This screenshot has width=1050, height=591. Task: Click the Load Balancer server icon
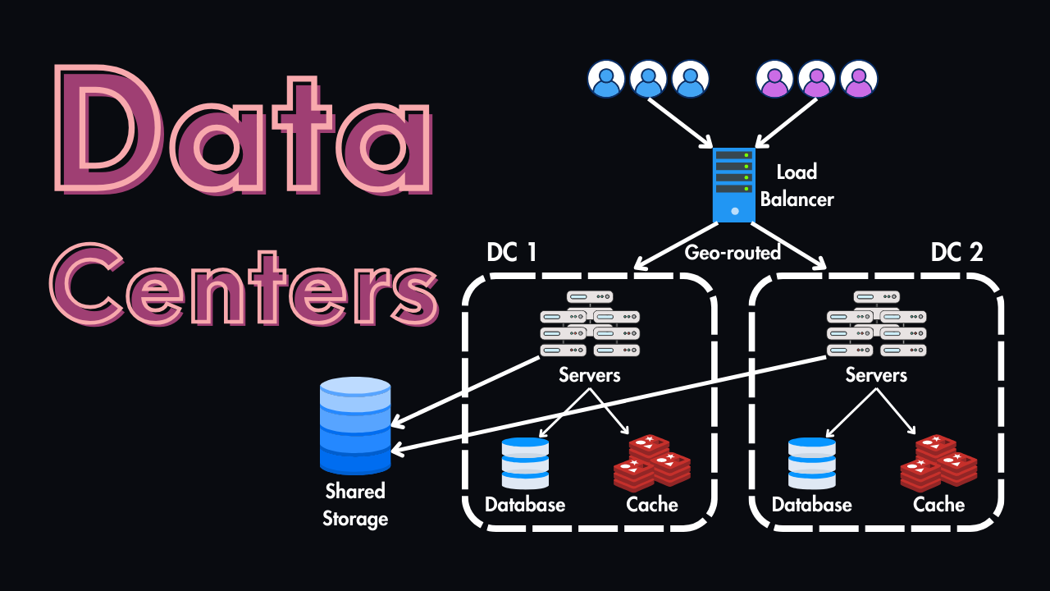click(x=733, y=185)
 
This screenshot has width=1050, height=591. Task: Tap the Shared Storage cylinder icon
click(x=355, y=425)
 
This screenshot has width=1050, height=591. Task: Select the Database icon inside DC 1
click(x=525, y=463)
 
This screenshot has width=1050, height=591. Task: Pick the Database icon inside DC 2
click(x=811, y=463)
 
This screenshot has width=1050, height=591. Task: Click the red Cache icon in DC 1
click(x=652, y=463)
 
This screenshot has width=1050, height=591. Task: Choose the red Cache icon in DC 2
click(x=938, y=463)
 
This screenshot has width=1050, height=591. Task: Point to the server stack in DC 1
click(x=589, y=323)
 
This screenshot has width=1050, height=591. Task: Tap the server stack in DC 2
click(x=876, y=323)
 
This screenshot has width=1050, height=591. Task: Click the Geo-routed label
click(x=733, y=252)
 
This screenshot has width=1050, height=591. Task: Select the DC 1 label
click(x=512, y=252)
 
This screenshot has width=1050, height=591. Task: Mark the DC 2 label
click(x=956, y=252)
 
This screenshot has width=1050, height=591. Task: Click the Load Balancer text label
click(x=797, y=185)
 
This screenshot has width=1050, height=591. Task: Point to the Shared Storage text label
click(x=355, y=505)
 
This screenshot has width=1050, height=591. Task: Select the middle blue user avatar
click(x=648, y=79)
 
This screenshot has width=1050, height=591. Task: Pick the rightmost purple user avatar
click(x=858, y=79)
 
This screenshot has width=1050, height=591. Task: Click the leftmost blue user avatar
click(x=606, y=79)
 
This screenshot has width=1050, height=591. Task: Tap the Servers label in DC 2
click(x=876, y=375)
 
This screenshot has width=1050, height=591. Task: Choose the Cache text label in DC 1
click(x=652, y=504)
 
